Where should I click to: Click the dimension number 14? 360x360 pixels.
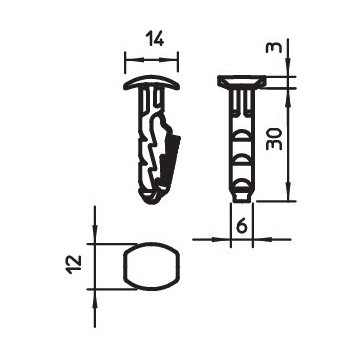[155, 40]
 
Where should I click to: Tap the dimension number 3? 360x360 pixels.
[274, 48]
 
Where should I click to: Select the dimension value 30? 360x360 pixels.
[274, 139]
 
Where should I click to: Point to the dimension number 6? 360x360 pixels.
[242, 227]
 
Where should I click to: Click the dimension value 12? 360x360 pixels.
[74, 264]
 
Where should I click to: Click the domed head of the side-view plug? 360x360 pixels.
[151, 83]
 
